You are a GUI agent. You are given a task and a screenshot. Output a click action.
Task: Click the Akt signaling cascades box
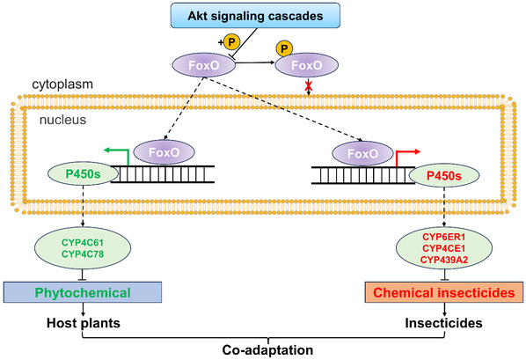255,15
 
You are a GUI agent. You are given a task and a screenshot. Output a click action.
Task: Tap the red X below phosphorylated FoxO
308,86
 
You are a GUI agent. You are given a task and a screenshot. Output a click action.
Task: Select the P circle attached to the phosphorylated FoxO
284,48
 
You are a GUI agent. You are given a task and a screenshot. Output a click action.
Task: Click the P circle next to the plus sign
231,42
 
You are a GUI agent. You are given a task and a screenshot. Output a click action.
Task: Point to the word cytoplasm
62,84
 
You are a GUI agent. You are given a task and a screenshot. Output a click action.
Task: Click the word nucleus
62,120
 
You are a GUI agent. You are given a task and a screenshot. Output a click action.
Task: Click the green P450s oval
84,174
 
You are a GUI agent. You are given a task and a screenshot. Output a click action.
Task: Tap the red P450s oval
444,175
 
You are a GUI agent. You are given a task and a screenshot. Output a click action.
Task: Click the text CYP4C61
83,242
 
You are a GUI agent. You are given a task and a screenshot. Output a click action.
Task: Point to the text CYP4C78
83,254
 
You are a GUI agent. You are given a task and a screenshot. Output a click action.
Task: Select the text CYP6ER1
444,237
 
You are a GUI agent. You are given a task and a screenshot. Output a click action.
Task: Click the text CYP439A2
444,260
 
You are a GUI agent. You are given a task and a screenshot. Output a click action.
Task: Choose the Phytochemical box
83,292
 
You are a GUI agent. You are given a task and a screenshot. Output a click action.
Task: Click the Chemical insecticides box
444,292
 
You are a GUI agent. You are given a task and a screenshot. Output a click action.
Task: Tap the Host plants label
84,323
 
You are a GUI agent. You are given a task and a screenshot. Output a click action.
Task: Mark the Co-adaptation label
267,350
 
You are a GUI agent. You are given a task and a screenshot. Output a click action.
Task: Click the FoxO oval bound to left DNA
164,152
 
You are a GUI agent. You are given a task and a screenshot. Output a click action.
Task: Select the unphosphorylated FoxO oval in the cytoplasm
204,65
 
